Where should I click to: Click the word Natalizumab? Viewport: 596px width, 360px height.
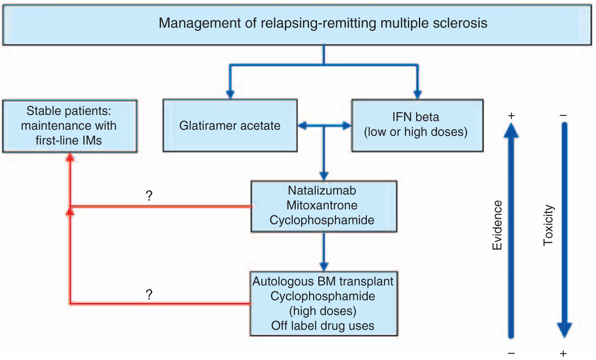pos(322,191)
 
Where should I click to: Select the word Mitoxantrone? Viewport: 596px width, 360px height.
pos(322,205)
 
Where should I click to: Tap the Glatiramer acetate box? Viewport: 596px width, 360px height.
pos(230,125)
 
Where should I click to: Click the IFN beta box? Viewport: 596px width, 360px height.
pos(418,125)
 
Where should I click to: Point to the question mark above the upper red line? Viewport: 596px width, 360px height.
pos(149,196)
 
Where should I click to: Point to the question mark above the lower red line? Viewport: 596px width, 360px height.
pos(149,295)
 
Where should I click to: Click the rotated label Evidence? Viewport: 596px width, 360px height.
pos(497,225)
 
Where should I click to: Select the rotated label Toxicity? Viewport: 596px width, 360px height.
pos(548,225)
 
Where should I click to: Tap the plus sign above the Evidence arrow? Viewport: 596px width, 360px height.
pos(511,116)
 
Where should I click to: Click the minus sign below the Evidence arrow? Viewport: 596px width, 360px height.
pos(511,353)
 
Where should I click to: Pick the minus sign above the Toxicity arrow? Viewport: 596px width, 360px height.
pos(563,115)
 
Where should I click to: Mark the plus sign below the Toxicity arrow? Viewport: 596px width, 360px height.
pos(563,354)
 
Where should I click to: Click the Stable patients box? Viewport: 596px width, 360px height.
pos(70,126)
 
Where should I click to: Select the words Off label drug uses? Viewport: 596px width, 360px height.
pos(323,326)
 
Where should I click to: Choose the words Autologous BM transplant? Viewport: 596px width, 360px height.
pos(323,281)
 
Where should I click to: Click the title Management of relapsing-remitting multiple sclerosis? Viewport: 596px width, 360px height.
pos(323,23)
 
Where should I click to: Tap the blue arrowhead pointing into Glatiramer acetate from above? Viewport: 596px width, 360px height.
pos(230,94)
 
